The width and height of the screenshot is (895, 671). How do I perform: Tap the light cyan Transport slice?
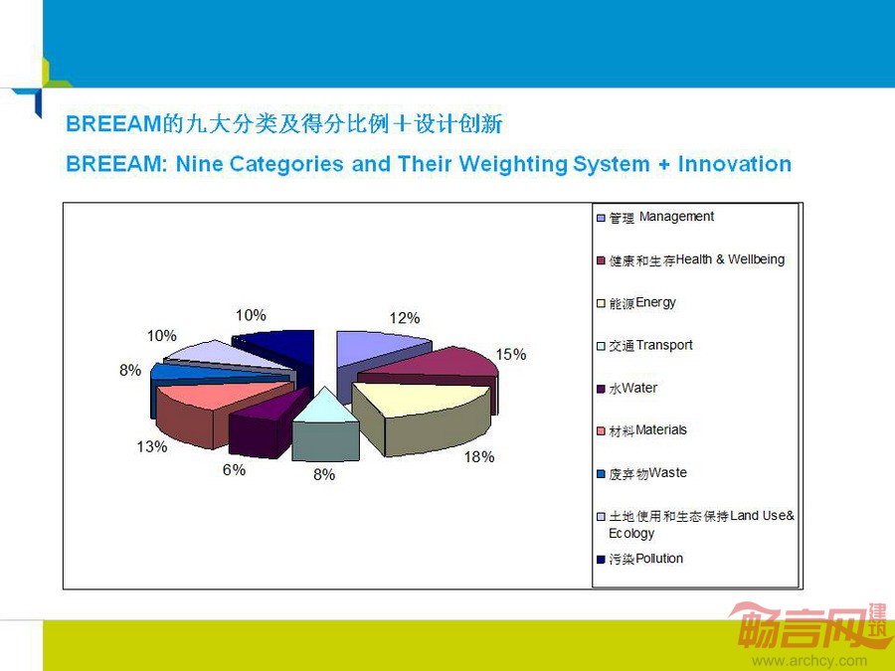[x=325, y=425]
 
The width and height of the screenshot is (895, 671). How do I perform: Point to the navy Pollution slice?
[x=279, y=351]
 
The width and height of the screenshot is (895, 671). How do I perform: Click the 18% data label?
[x=479, y=457]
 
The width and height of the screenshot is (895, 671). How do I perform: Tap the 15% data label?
[x=511, y=354]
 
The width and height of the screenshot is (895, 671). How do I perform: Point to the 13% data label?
[x=152, y=446]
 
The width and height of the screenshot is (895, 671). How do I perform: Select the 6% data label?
[x=234, y=469]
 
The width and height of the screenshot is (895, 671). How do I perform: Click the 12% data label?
[x=405, y=318]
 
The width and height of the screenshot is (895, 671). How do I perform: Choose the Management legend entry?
[x=655, y=218]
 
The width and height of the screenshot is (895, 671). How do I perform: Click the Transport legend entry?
[x=644, y=346]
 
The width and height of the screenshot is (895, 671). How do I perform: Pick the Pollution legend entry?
[x=639, y=559]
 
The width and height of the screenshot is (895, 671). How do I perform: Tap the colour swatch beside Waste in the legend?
[x=601, y=474]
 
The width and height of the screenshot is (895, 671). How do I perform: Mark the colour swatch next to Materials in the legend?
[x=601, y=431]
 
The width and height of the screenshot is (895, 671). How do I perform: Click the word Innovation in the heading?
[x=735, y=164]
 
